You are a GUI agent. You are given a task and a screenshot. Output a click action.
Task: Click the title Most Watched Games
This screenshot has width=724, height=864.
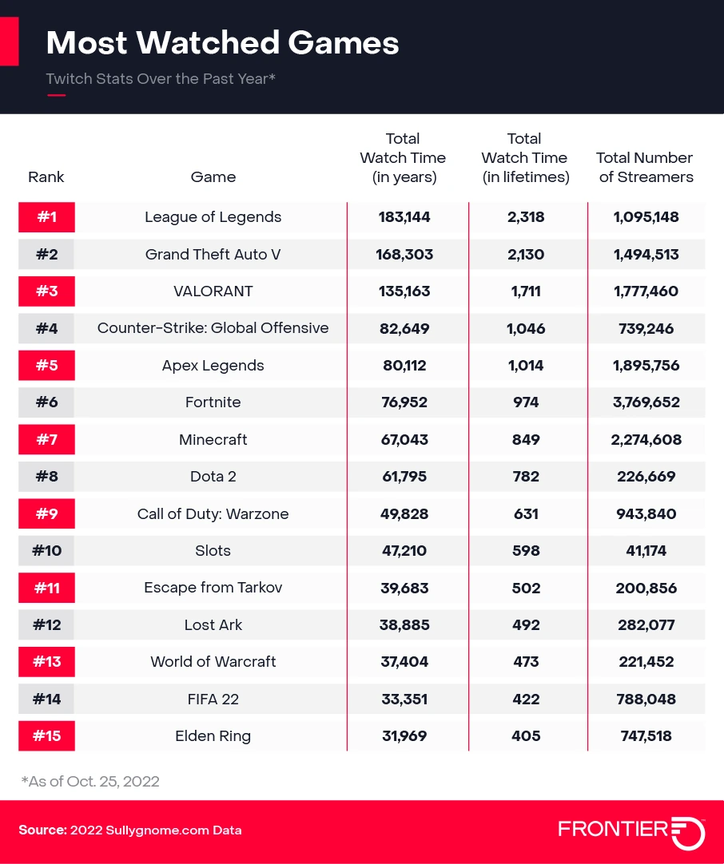222,42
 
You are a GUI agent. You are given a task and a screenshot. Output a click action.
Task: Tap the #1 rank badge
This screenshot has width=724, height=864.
46,217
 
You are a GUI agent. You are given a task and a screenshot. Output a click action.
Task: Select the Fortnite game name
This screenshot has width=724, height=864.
213,402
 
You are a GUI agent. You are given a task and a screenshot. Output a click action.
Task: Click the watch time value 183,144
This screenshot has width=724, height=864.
404,217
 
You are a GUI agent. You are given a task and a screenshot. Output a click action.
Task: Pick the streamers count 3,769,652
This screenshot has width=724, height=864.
646,402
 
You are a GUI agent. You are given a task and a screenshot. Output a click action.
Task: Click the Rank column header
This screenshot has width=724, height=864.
46,177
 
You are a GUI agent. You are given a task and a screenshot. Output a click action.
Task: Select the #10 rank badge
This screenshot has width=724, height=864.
46,551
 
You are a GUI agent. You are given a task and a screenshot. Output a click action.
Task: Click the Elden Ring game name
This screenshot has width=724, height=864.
213,736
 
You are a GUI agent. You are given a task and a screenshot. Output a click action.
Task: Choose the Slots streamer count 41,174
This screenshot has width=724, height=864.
646,551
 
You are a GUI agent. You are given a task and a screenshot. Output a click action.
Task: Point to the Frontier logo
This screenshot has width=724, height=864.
631,830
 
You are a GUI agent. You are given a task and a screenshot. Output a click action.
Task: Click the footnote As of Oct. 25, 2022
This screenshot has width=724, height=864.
90,781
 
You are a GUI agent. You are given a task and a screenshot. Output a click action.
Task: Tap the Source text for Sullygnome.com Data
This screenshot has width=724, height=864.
130,830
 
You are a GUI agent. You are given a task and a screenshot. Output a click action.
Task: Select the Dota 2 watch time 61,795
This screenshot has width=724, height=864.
404,477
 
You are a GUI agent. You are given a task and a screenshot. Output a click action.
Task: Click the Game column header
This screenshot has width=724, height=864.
213,177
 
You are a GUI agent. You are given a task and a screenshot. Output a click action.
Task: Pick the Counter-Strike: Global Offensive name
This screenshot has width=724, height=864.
213,328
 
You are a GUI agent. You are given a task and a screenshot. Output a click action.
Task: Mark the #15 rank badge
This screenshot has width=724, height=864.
46,736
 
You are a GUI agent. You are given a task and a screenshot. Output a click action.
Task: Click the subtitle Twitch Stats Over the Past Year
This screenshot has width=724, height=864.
161,79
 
